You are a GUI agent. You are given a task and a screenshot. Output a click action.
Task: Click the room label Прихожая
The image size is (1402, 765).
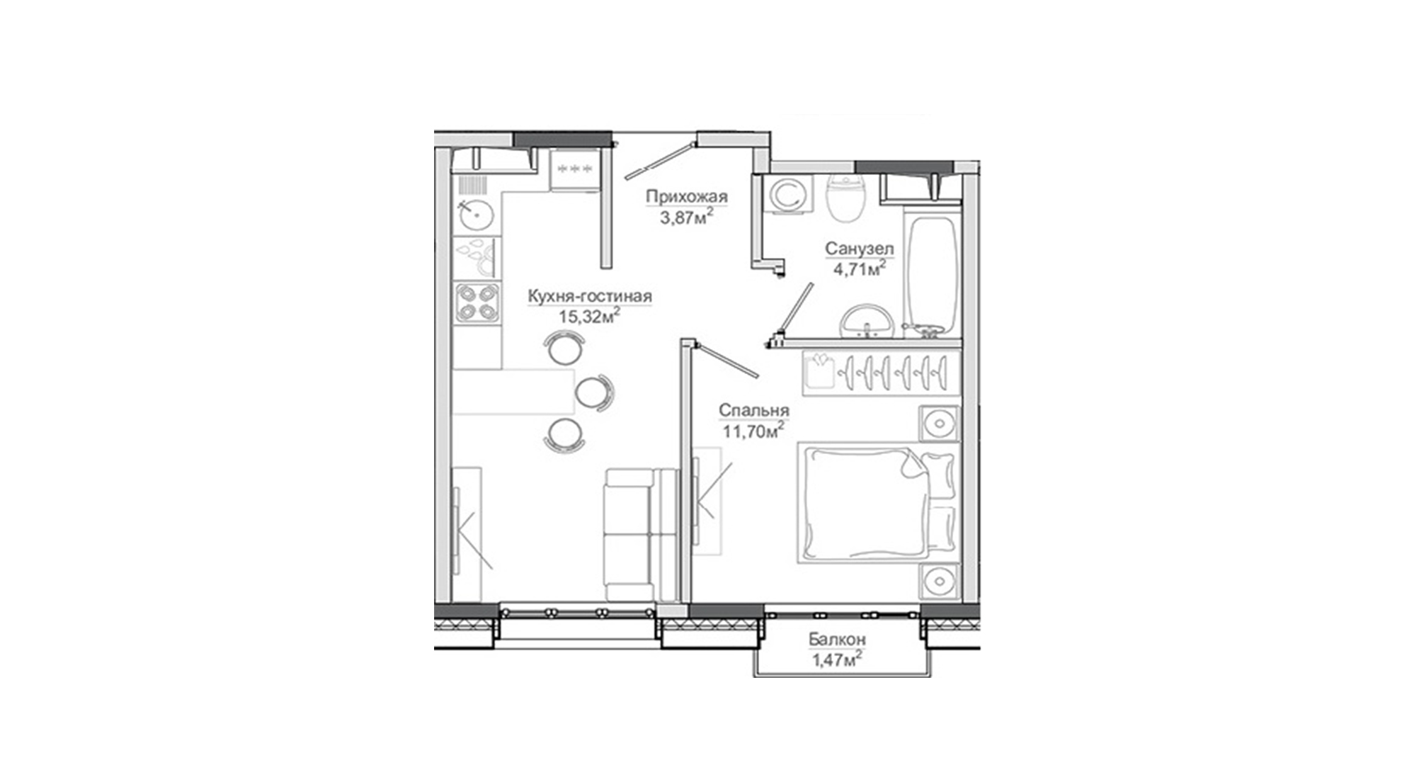point(686,196)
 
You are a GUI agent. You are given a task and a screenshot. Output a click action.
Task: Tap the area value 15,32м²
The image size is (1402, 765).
point(589,315)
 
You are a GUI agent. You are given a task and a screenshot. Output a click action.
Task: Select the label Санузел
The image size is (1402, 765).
point(859,249)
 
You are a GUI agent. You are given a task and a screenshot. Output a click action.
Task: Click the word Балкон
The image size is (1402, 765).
point(837,640)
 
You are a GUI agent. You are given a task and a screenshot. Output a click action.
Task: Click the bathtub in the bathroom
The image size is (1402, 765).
point(932,277)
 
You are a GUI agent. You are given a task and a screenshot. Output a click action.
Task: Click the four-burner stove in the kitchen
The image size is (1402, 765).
point(477,302)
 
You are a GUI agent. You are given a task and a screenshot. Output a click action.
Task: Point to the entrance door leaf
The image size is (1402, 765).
point(658,161)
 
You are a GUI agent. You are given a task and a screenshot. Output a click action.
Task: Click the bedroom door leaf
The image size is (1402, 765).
point(726,359)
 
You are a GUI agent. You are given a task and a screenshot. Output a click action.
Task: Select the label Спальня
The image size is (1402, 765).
point(753,411)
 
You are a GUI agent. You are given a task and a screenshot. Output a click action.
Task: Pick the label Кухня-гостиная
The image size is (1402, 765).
point(590,297)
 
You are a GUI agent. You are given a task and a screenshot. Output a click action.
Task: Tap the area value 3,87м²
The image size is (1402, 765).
point(686,216)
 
